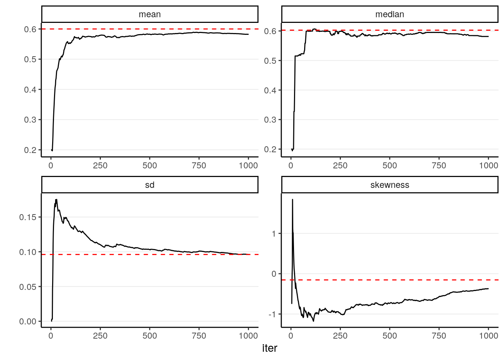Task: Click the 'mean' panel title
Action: [150, 14]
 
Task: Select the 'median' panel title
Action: [390, 14]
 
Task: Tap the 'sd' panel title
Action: [150, 185]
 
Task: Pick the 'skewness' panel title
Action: [390, 185]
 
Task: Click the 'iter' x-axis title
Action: [270, 348]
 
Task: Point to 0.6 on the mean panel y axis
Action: [30, 29]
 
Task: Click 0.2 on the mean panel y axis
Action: [30, 150]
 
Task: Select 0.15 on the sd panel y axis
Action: [28, 217]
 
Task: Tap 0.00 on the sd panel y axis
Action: [28, 321]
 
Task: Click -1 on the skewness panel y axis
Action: [272, 314]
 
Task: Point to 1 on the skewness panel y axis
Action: [274, 234]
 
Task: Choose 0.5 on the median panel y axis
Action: [270, 61]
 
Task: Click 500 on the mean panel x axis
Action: [150, 166]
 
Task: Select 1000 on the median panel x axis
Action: [488, 166]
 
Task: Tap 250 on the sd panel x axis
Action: [100, 336]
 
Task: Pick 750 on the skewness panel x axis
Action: [439, 336]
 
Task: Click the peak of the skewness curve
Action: [292, 199]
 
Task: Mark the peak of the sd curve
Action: [56, 199]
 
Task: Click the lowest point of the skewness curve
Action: [313, 321]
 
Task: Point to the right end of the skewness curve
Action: [488, 288]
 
